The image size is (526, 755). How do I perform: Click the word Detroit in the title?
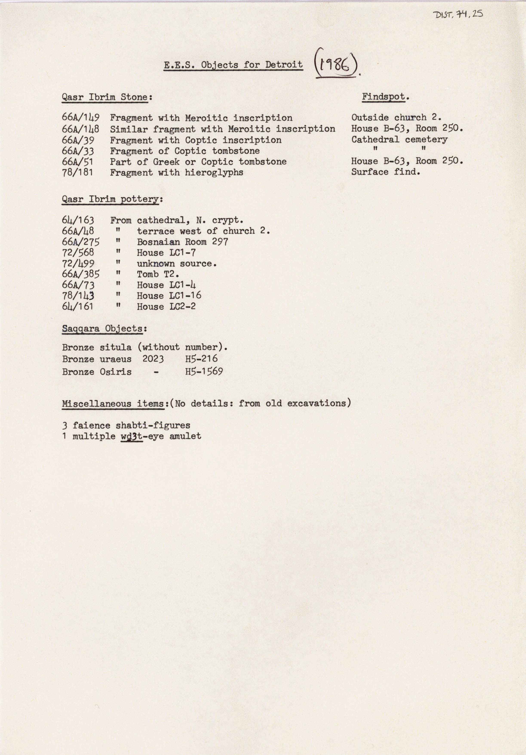[x=284, y=65]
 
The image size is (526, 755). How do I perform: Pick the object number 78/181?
[x=78, y=172]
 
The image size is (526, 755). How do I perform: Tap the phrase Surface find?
[x=386, y=172]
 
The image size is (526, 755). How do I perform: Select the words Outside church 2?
[x=396, y=117]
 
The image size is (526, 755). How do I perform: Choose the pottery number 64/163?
[x=78, y=220]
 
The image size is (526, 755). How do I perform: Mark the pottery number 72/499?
[x=78, y=263]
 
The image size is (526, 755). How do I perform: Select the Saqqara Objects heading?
[x=104, y=328]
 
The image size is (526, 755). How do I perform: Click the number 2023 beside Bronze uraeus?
[x=153, y=359]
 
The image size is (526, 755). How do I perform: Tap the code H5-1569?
[x=204, y=371]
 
